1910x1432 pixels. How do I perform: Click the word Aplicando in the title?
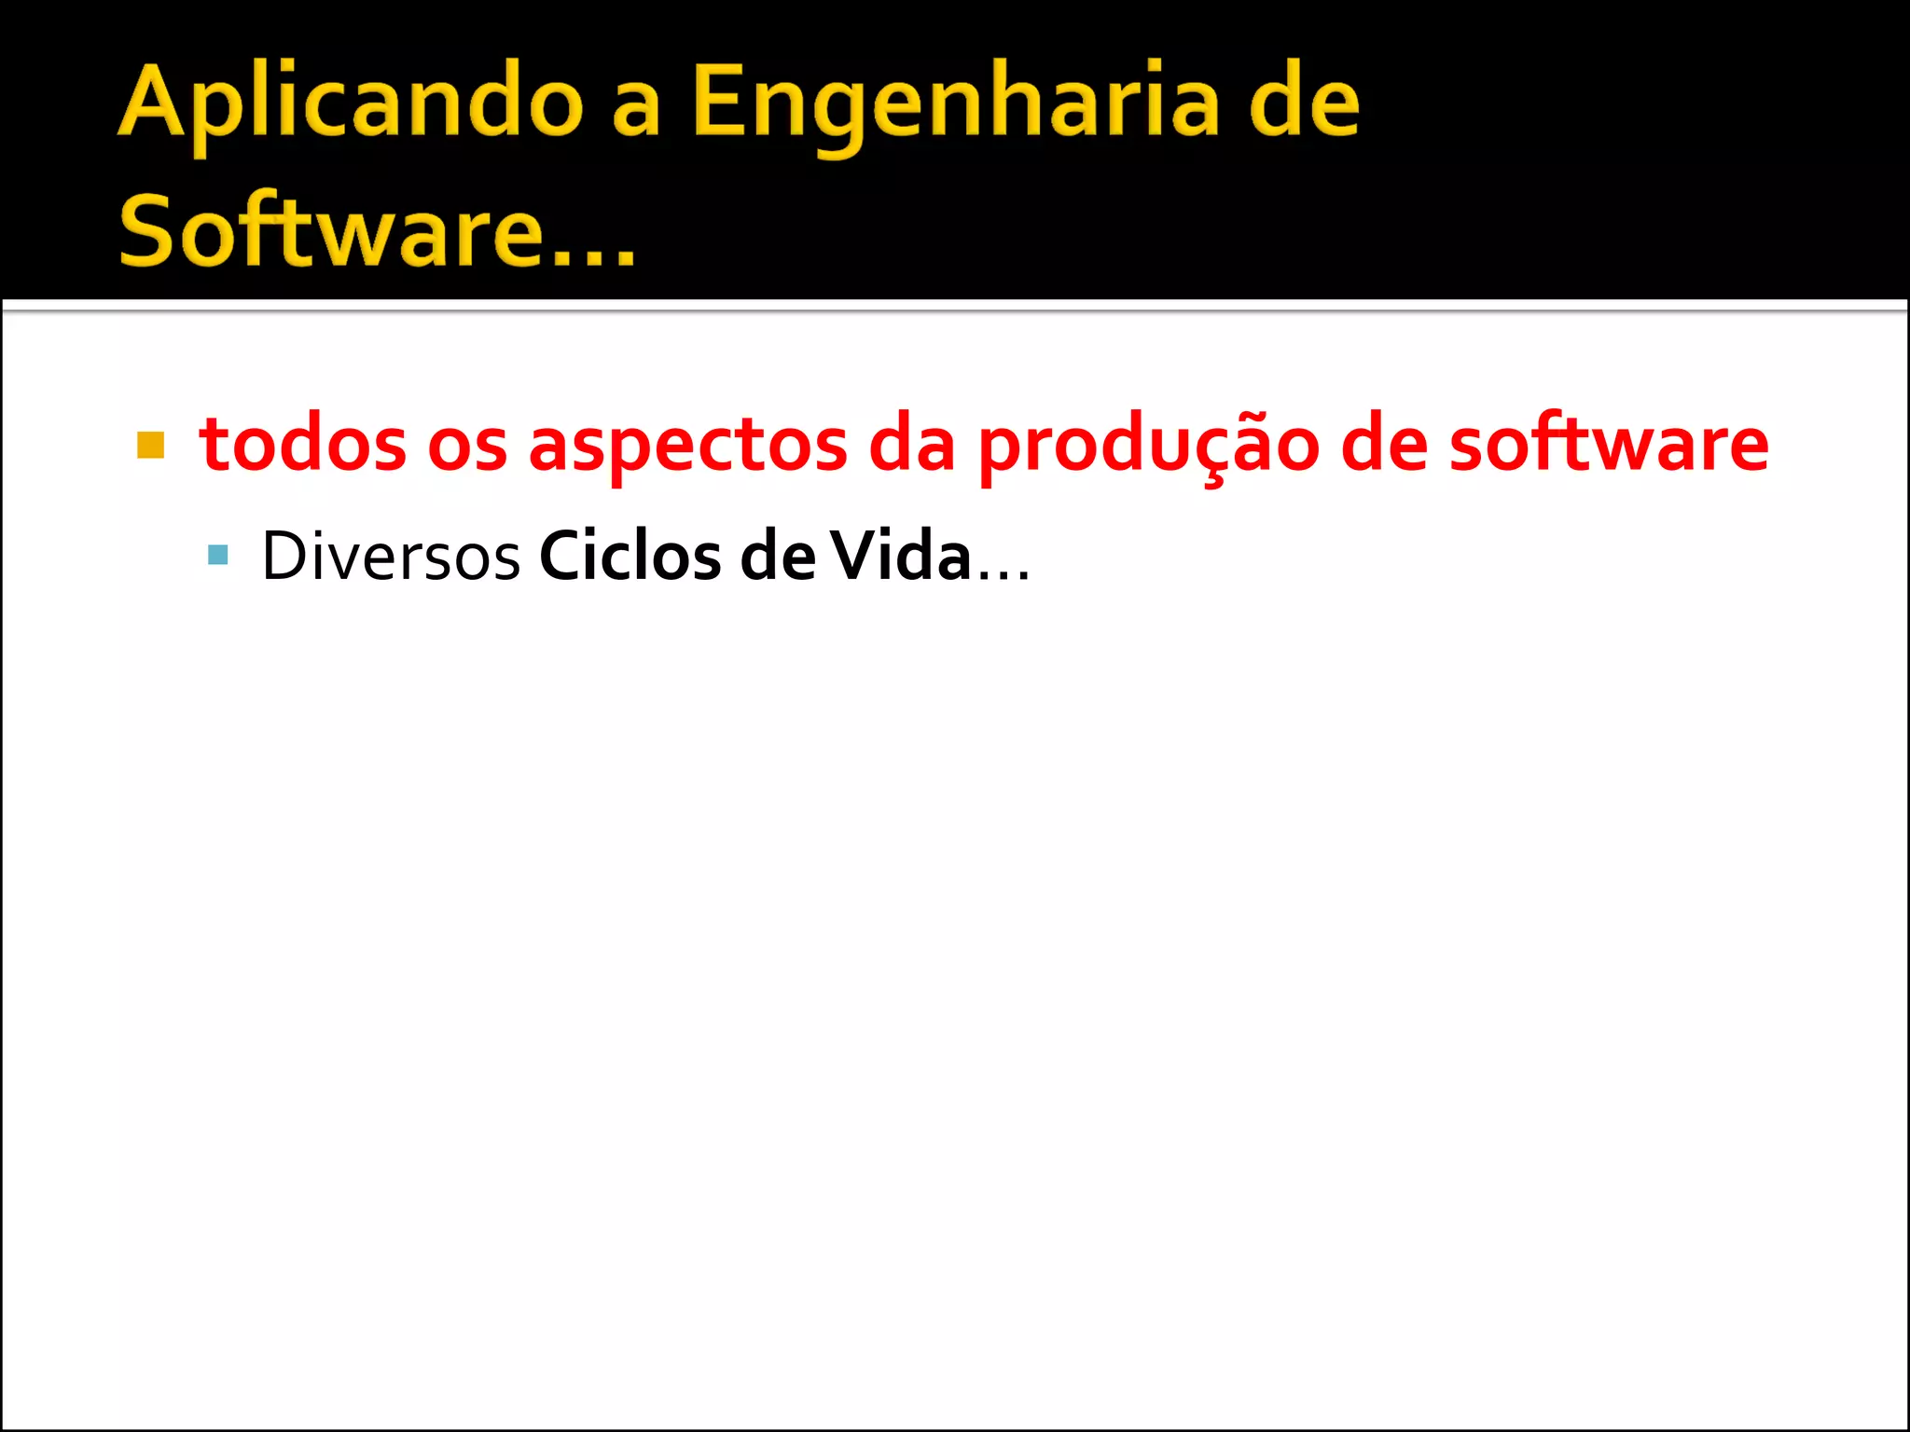tap(351, 104)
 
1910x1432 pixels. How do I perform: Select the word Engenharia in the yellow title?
tap(955, 104)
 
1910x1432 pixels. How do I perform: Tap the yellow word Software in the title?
tap(329, 230)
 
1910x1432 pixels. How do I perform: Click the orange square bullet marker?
tap(150, 446)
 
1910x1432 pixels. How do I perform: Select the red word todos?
tap(302, 445)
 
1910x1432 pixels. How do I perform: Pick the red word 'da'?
tap(912, 445)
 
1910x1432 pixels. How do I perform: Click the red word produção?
tap(1148, 445)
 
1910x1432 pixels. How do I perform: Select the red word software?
tap(1608, 445)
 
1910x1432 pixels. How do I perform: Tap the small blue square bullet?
tap(218, 556)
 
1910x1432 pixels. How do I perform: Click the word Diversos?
tap(391, 557)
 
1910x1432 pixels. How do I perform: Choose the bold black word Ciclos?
tap(630, 557)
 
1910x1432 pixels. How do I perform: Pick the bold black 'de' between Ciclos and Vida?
tap(777, 557)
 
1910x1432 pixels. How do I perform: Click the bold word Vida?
tap(901, 557)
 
